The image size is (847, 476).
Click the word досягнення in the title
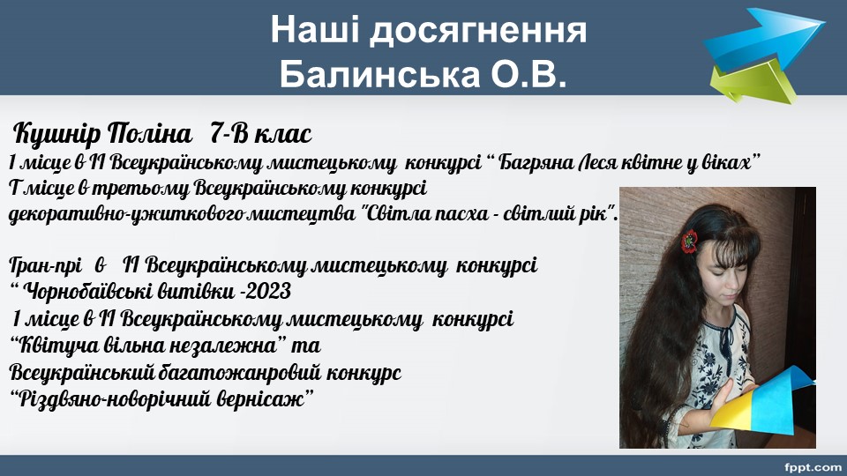[478, 32]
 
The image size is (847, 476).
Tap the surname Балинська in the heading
[379, 74]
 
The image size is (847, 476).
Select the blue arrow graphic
[764, 38]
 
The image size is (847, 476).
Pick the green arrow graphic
[753, 81]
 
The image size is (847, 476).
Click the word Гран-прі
[45, 265]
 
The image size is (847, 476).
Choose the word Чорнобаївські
[89, 292]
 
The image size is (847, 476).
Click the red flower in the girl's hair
[689, 242]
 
